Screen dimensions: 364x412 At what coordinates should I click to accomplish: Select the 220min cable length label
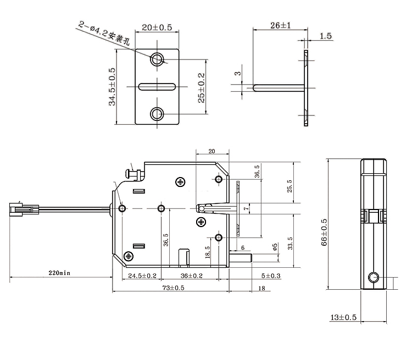pos(59,273)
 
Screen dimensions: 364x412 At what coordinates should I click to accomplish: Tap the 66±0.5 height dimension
pos(324,231)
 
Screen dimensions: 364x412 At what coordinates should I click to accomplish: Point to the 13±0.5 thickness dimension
pos(343,317)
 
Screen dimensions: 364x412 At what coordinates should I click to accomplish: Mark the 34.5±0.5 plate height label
pos(112,86)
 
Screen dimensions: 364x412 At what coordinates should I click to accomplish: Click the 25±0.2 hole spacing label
pos(202,87)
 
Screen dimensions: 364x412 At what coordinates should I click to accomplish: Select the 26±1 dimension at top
pos(280,25)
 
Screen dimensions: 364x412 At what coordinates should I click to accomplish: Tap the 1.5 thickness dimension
pos(325,36)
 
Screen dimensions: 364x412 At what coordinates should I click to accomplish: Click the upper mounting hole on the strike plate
pos(158,59)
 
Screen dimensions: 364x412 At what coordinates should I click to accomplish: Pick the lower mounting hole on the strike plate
pos(158,114)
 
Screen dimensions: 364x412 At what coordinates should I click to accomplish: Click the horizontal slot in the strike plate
pos(158,86)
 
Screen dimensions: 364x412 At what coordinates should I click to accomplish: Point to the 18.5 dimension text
pos(208,251)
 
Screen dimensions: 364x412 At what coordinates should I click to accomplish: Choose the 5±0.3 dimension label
pos(271,275)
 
